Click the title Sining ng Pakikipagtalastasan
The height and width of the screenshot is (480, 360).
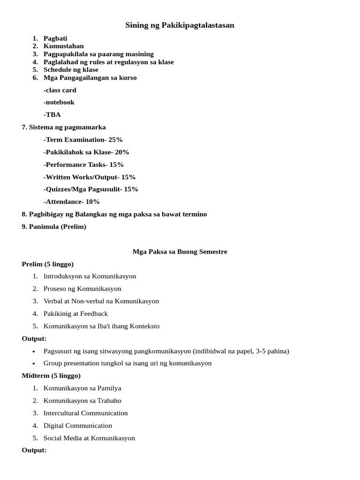(x=180, y=25)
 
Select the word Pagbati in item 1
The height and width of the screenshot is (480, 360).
(x=55, y=38)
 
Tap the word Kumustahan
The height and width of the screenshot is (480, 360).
(x=64, y=46)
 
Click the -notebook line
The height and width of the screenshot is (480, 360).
(x=59, y=102)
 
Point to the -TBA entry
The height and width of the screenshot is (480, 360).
(x=52, y=114)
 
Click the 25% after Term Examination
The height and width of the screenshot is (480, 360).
(x=115, y=140)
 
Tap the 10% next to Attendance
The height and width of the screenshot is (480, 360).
(x=92, y=202)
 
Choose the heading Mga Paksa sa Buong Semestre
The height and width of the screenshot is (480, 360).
(x=180, y=252)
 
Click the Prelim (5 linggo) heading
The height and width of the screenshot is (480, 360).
(x=48, y=264)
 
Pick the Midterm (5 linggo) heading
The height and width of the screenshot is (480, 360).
(x=51, y=376)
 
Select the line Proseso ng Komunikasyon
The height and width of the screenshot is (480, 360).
(x=82, y=289)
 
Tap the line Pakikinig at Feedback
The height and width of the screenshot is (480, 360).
(x=75, y=314)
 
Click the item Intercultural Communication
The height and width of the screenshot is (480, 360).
(x=86, y=413)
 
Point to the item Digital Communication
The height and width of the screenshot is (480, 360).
(x=78, y=426)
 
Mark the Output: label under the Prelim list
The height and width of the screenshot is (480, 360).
(x=34, y=339)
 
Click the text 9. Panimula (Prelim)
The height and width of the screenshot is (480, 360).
(x=54, y=227)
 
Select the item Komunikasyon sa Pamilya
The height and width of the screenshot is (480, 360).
(x=82, y=389)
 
